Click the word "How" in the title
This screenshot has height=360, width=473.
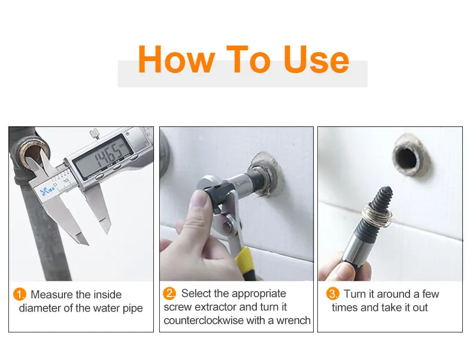pyautogui.click(x=177, y=59)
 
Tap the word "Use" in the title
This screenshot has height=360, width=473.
pyautogui.click(x=316, y=59)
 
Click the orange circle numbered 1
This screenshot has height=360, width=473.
pyautogui.click(x=20, y=294)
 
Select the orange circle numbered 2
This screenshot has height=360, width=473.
pyautogui.click(x=169, y=294)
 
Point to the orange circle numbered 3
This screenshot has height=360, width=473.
pyautogui.click(x=333, y=294)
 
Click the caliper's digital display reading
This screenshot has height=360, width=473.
pyautogui.click(x=104, y=155)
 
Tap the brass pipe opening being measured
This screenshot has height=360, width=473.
pyautogui.click(x=34, y=153)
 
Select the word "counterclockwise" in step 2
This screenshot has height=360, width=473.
pyautogui.click(x=203, y=320)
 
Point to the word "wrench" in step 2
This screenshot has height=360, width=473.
pyautogui.click(x=293, y=320)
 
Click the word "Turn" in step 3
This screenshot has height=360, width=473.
pyautogui.click(x=355, y=294)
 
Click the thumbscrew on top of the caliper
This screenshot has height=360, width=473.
pyautogui.click(x=95, y=134)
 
